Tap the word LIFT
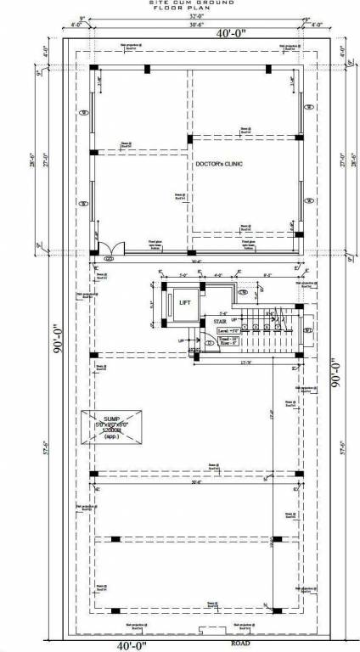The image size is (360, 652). [184, 301]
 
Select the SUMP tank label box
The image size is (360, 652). [113, 428]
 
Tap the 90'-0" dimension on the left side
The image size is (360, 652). [58, 342]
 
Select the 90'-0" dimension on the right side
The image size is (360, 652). [336, 371]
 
